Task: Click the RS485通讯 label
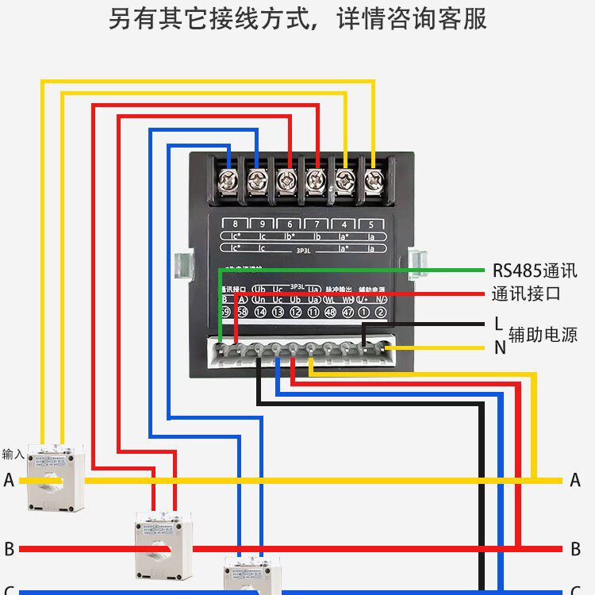pyautogui.click(x=535, y=271)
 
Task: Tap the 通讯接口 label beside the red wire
pyautogui.click(x=526, y=294)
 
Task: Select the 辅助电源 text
pyautogui.click(x=543, y=335)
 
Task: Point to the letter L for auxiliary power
pyautogui.click(x=498, y=324)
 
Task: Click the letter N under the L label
pyautogui.click(x=499, y=347)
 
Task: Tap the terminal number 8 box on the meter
pyautogui.click(x=235, y=225)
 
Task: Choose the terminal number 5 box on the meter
pyautogui.click(x=370, y=225)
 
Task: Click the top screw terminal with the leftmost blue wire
pyautogui.click(x=228, y=181)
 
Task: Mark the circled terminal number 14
pyautogui.click(x=260, y=313)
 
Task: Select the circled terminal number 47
pyautogui.click(x=347, y=313)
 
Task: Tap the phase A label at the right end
pyautogui.click(x=575, y=480)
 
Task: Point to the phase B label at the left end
pyautogui.click(x=9, y=549)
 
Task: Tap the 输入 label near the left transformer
pyautogui.click(x=13, y=454)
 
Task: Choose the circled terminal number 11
pyautogui.click(x=312, y=313)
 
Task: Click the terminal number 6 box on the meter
pyautogui.click(x=290, y=225)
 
